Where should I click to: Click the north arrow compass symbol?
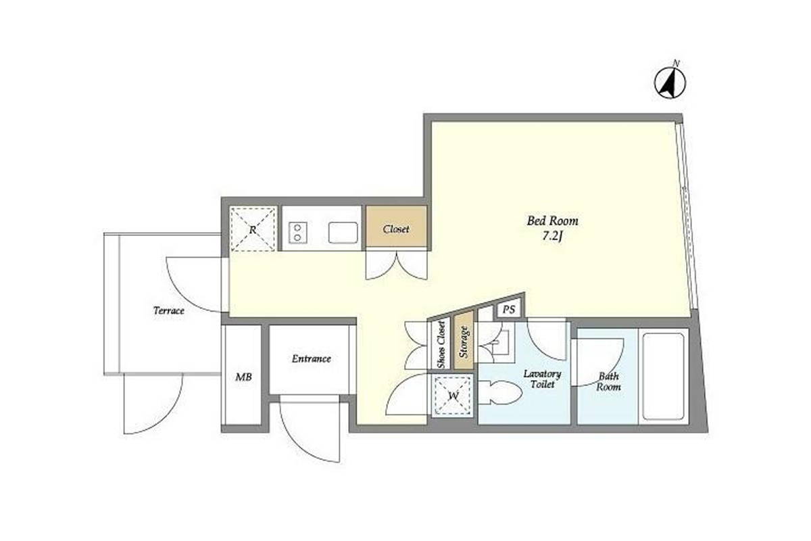tap(670, 83)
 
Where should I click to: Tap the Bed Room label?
tap(552, 220)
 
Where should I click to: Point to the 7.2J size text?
tap(552, 237)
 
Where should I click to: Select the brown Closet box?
tap(396, 227)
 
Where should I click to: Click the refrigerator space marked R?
tap(253, 229)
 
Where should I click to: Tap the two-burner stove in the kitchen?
tap(298, 232)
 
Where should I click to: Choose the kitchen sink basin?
tap(343, 232)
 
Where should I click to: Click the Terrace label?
tap(169, 310)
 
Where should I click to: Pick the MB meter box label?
tap(244, 377)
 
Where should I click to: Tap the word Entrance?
tap(312, 358)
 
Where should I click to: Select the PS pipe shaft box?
tap(508, 309)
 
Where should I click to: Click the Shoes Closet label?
tap(441, 345)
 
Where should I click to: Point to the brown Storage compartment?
tap(464, 341)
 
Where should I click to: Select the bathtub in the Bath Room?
tap(663, 376)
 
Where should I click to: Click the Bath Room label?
tap(608, 381)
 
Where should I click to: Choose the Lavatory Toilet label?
tap(542, 379)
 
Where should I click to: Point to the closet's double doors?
tap(397, 265)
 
